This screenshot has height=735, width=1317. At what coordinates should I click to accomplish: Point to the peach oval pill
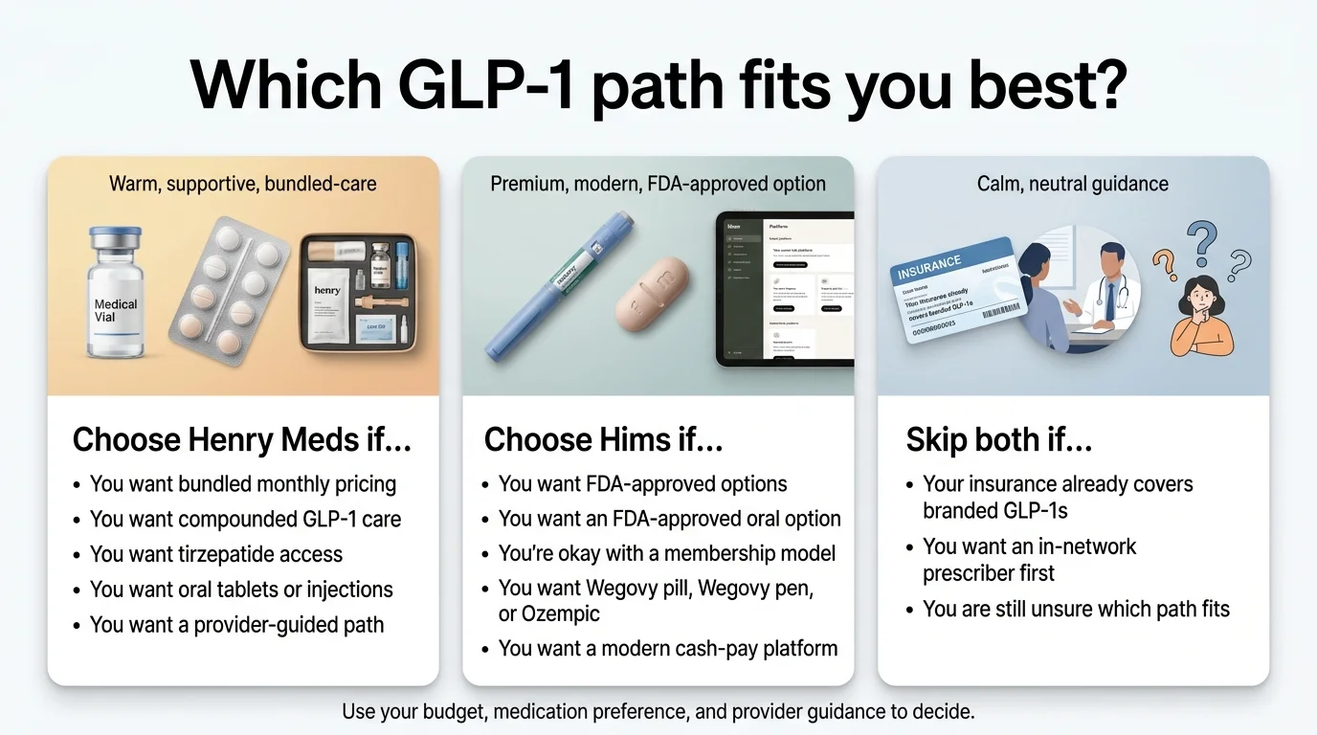653,294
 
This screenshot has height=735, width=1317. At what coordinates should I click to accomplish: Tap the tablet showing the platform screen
785,289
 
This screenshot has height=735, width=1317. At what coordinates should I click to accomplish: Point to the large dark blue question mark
1201,240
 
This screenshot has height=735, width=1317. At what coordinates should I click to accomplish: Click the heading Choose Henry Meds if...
242,439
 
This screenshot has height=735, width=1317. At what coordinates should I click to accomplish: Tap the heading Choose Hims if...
603,439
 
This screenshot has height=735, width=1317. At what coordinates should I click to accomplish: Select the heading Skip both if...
999,439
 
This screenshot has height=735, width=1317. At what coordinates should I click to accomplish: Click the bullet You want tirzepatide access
215,554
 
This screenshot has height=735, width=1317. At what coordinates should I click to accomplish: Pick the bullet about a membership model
667,553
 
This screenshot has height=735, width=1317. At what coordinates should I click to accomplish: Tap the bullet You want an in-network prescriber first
1029,560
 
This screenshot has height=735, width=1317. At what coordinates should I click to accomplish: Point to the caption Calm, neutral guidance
1072,184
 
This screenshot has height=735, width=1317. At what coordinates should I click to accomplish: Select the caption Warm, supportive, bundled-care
243,183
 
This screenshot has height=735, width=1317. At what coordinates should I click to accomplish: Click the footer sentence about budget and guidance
658,712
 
